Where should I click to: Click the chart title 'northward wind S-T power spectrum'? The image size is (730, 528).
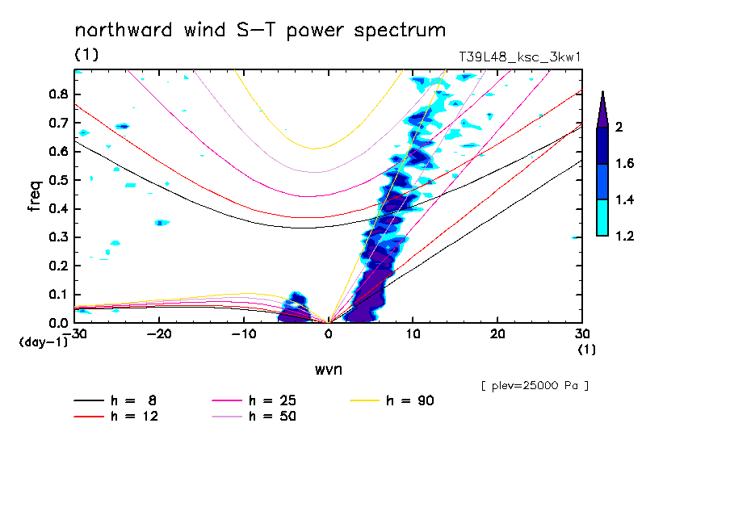260,31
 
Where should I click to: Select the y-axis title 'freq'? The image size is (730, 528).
35,196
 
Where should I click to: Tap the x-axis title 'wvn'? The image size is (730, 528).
328,369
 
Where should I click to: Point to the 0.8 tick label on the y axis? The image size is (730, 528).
57,94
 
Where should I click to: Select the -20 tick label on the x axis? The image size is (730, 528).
160,334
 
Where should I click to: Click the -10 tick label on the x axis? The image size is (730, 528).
244,334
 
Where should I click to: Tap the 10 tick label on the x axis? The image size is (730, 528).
413,334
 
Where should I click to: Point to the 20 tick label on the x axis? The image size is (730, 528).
497,334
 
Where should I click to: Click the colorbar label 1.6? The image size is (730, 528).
624,163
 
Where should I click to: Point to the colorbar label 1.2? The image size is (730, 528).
624,236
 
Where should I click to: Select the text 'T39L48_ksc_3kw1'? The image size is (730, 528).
520,57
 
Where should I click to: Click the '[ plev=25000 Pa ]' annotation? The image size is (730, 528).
535,386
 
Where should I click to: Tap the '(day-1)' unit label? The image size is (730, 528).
44,342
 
